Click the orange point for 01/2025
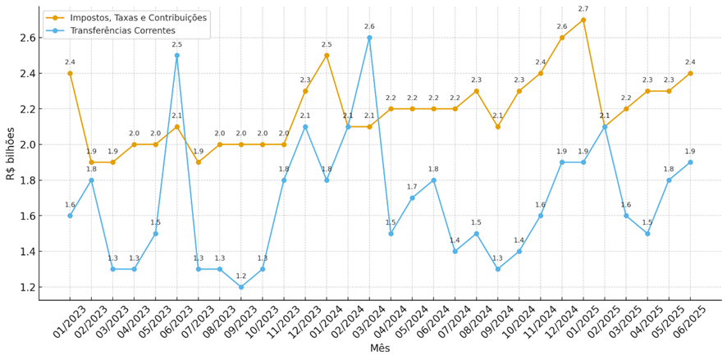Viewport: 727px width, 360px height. pos(583,20)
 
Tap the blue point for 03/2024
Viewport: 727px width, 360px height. pos(369,38)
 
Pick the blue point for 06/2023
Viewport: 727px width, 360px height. pos(176,56)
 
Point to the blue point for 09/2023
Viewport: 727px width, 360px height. pos(241,287)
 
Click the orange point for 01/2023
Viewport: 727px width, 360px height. pos(70,73)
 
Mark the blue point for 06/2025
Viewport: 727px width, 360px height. pos(690,162)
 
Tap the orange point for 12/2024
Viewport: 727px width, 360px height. pos(562,38)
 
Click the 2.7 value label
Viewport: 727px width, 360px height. pos(583,9)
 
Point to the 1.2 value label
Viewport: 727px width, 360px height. pos(241,276)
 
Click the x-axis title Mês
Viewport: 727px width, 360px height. pos(380,349)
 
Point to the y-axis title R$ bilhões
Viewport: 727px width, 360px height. pos(11,153)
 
